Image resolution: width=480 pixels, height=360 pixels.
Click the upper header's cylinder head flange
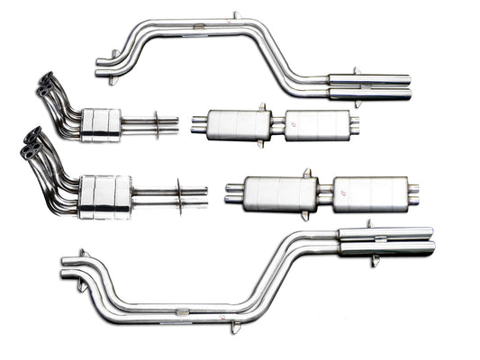point(45,86)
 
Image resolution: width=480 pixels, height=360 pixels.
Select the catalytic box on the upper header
point(100,123)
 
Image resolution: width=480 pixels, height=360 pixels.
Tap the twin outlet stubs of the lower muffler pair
point(412,193)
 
